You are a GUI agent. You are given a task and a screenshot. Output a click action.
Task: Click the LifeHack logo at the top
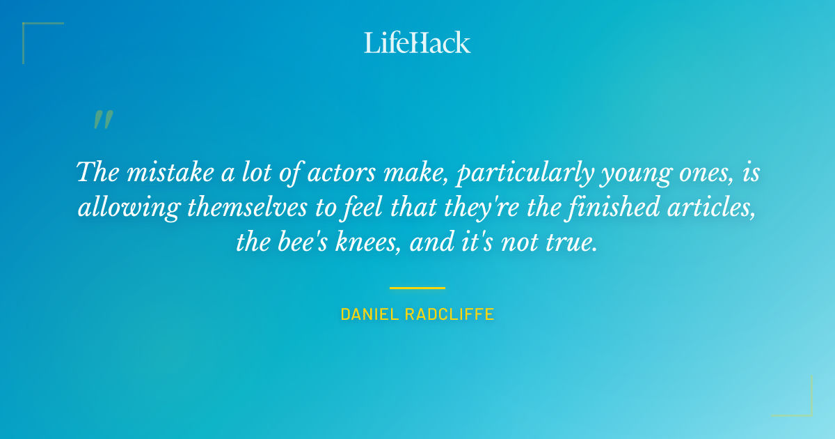tap(417, 43)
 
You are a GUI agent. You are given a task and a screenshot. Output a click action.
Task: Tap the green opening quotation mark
tap(102, 120)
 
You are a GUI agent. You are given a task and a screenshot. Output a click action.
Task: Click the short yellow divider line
tap(417, 287)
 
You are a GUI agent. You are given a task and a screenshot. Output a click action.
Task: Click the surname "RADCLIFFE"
tap(452, 314)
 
